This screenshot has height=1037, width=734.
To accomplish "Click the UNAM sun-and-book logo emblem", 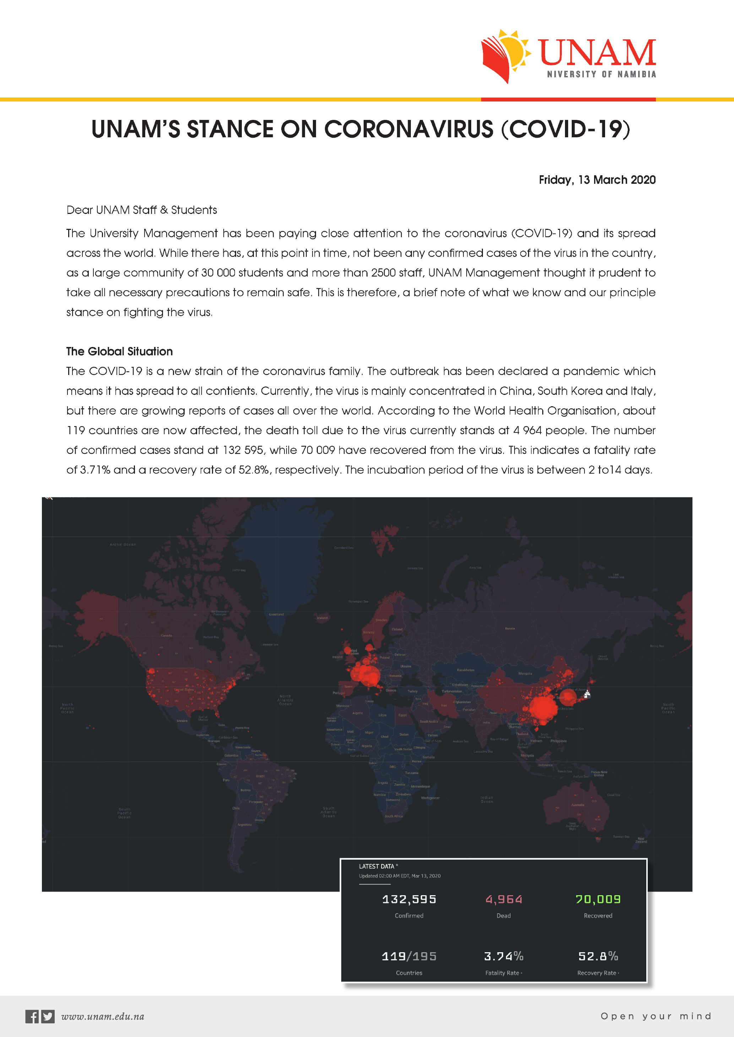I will (505, 55).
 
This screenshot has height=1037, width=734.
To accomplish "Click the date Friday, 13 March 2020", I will (597, 180).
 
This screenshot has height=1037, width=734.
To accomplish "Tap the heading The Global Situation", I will (119, 351).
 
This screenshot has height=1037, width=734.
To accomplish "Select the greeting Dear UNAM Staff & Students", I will (141, 210).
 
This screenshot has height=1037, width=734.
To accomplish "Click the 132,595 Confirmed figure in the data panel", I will (409, 899).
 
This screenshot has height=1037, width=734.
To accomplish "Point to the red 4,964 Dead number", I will (504, 899).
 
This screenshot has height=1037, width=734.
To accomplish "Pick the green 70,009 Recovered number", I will (598, 899).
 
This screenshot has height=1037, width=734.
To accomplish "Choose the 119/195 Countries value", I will (409, 956).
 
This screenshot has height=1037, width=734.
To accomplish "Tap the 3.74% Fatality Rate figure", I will (504, 956).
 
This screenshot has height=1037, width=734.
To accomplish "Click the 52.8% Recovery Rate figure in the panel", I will (598, 956).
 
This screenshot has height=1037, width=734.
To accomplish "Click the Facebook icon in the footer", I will (32, 1016).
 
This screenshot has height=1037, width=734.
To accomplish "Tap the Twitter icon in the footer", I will (48, 1016).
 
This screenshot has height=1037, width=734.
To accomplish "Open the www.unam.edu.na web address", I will (103, 1017).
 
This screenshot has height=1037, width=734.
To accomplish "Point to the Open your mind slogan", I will (656, 1016).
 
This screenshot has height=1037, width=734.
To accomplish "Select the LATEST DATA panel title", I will (376, 866).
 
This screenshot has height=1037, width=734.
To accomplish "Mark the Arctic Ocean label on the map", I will (123, 545).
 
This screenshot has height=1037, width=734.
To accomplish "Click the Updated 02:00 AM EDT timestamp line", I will (399, 876).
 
